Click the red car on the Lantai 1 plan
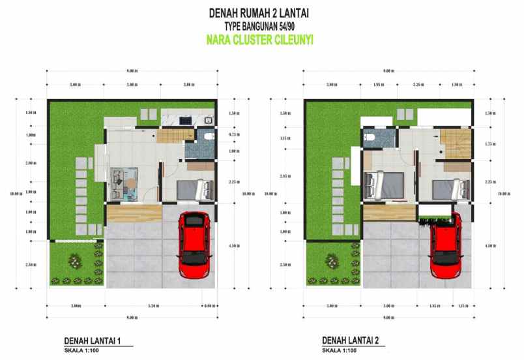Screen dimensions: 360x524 pos(193,243)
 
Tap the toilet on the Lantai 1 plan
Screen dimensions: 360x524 pos(208,136)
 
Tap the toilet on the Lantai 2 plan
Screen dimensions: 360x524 pos(370,136)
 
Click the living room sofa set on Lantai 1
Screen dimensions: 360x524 pos(124,179)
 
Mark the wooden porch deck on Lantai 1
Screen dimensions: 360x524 pos(134,213)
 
